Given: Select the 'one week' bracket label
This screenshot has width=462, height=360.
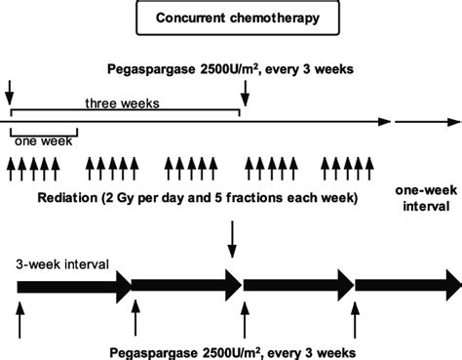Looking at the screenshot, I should (36, 139).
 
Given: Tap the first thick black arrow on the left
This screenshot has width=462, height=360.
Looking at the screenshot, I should (73, 286).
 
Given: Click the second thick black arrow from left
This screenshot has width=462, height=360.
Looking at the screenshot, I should (185, 286).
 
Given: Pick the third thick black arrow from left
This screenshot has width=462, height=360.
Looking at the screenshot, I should (297, 286).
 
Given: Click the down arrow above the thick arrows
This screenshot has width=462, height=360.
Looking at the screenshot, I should (231, 237).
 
